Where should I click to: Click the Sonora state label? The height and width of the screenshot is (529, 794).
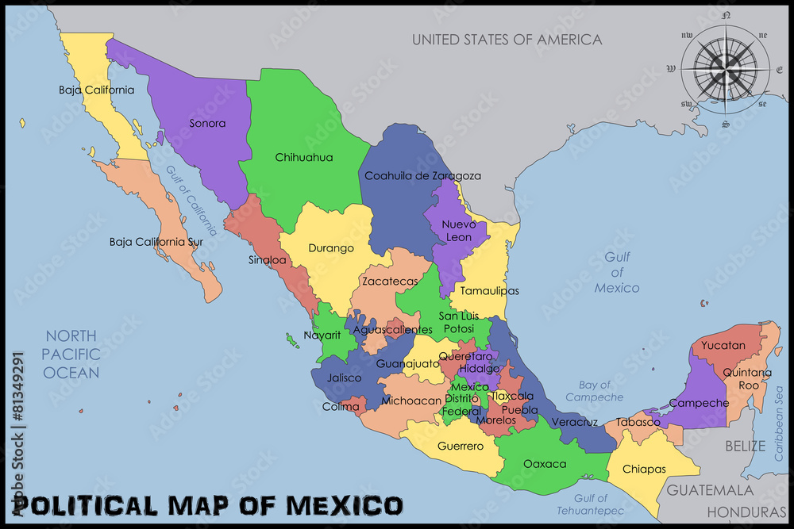click(207, 124)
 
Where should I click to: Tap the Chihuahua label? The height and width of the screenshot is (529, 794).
click(303, 158)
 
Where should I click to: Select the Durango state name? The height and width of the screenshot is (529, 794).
click(331, 248)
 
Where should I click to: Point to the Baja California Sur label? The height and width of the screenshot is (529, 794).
click(157, 242)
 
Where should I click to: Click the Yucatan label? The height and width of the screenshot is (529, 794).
click(723, 346)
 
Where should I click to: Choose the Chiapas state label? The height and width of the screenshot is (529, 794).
click(644, 469)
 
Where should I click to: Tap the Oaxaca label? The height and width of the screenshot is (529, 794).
click(545, 463)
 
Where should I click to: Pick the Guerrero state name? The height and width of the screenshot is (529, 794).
click(461, 447)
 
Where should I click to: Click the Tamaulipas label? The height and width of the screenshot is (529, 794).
click(490, 291)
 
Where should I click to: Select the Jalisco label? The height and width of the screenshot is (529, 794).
click(344, 378)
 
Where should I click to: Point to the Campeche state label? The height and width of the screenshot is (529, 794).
click(699, 403)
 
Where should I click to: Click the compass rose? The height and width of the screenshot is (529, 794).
click(723, 69)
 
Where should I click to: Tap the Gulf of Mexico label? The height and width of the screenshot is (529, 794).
click(617, 272)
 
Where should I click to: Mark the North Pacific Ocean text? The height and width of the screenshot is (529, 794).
click(71, 354)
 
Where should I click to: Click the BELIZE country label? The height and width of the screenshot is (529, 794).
click(746, 446)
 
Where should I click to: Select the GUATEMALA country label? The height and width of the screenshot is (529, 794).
click(709, 490)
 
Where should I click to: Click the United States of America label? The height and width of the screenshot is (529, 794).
click(507, 39)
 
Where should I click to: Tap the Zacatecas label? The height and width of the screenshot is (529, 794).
click(389, 282)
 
